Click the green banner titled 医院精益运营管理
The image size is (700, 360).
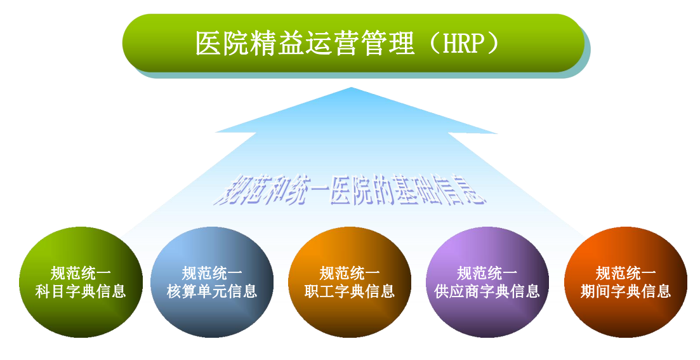353,43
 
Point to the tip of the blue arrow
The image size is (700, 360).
352,88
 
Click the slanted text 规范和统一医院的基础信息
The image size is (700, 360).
350,189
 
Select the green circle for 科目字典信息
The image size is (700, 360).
81,282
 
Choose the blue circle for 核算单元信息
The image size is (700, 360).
212,282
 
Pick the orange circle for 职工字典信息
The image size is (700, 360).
350,282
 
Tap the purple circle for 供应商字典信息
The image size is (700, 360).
487,282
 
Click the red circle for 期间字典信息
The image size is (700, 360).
626,282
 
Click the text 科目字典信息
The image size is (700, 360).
81,291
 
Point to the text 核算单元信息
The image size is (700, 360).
212,291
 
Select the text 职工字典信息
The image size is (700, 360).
350,291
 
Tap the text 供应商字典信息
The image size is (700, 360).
487,291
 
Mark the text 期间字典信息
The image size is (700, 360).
626,291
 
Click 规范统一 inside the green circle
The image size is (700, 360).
81,273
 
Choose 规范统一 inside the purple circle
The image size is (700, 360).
487,273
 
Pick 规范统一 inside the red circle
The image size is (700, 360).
626,273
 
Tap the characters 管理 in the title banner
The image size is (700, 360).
388,43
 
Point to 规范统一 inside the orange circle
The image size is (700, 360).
350,273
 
